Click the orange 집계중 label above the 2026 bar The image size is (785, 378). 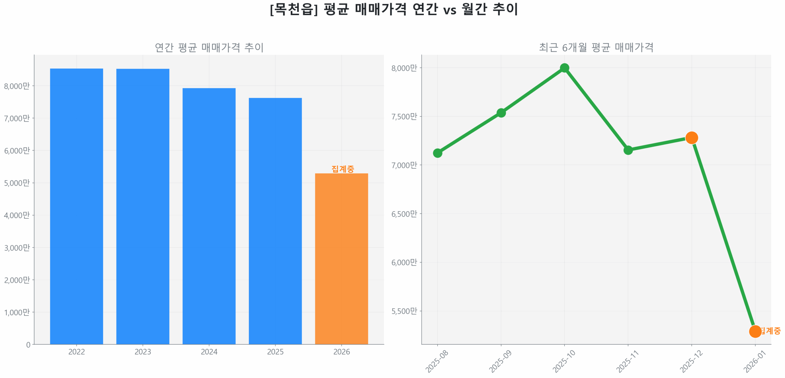pos(343,169)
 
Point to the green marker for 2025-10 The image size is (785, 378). pos(564,68)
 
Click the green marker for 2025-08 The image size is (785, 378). pos(438,153)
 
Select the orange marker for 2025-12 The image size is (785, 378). pos(691,138)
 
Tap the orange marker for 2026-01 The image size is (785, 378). pos(755,331)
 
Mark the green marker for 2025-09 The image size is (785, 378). pos(501,113)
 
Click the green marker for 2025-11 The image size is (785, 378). pos(628,150)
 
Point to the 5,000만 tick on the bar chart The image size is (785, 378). pos(17,183)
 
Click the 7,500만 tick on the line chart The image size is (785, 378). pos(404,117)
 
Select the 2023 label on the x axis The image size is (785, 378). pos(143,352)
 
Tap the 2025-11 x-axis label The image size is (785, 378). pos(627,361)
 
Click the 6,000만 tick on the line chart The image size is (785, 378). pos(404,263)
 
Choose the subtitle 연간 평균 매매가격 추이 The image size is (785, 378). pos(209,47)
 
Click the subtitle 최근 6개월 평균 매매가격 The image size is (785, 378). pos(596,47)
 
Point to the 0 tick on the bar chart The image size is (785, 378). pos(28,345)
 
